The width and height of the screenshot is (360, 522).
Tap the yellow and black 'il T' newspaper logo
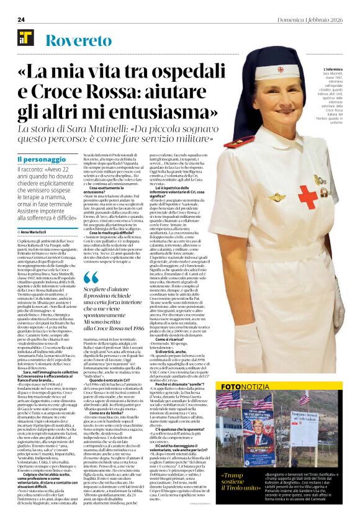pos(25,38)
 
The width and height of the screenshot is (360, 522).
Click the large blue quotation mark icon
pos(90,277)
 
